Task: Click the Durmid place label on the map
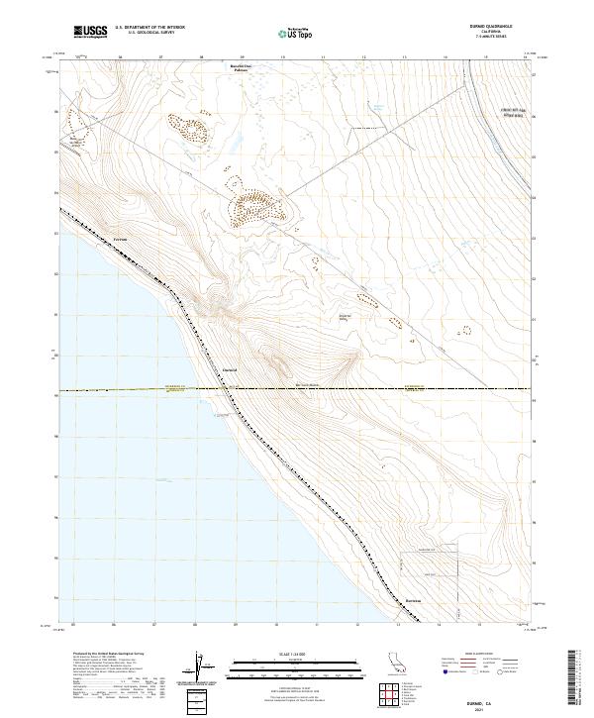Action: click(x=226, y=365)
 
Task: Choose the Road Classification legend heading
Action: click(x=469, y=655)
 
